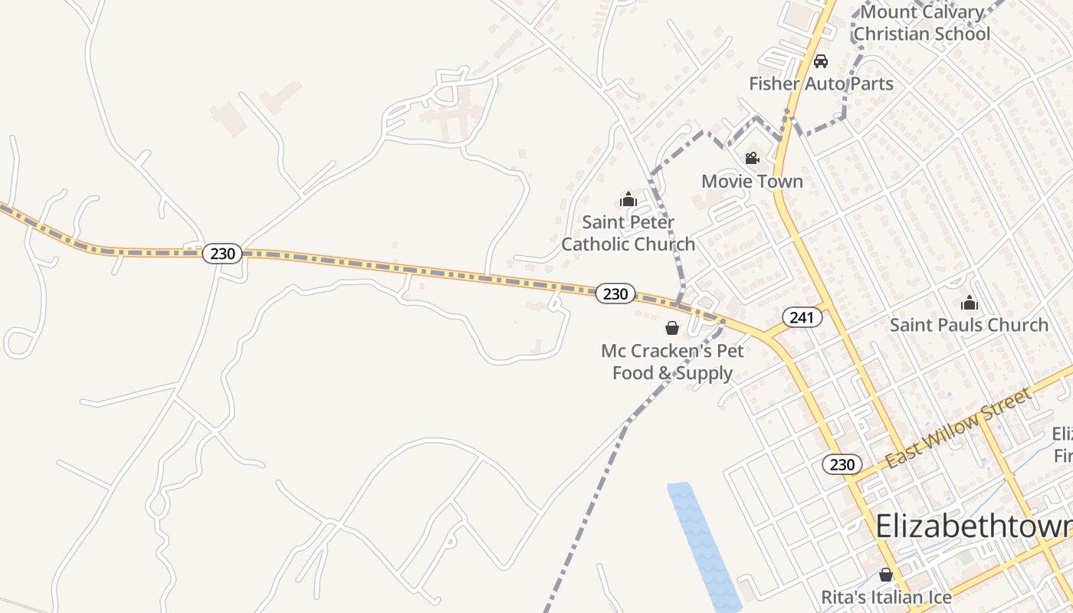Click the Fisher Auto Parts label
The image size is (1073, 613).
821,84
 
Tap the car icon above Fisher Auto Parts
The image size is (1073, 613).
821,61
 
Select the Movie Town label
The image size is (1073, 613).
752,182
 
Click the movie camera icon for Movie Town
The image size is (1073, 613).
752,158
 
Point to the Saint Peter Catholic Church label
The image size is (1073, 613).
628,233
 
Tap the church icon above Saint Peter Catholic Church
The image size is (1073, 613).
628,200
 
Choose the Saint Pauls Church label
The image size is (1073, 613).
969,325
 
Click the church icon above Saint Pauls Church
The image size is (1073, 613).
970,303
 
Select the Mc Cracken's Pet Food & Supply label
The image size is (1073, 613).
672,362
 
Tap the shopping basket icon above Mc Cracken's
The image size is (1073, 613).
672,328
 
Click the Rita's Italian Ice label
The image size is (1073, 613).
886,597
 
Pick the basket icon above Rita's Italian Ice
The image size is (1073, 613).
886,575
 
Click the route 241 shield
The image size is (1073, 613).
802,317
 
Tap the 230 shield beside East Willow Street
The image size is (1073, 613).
842,464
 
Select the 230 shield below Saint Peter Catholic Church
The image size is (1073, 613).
615,293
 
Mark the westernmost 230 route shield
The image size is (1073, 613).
222,253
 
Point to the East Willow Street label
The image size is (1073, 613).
958,429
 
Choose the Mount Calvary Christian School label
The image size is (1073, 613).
921,23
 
